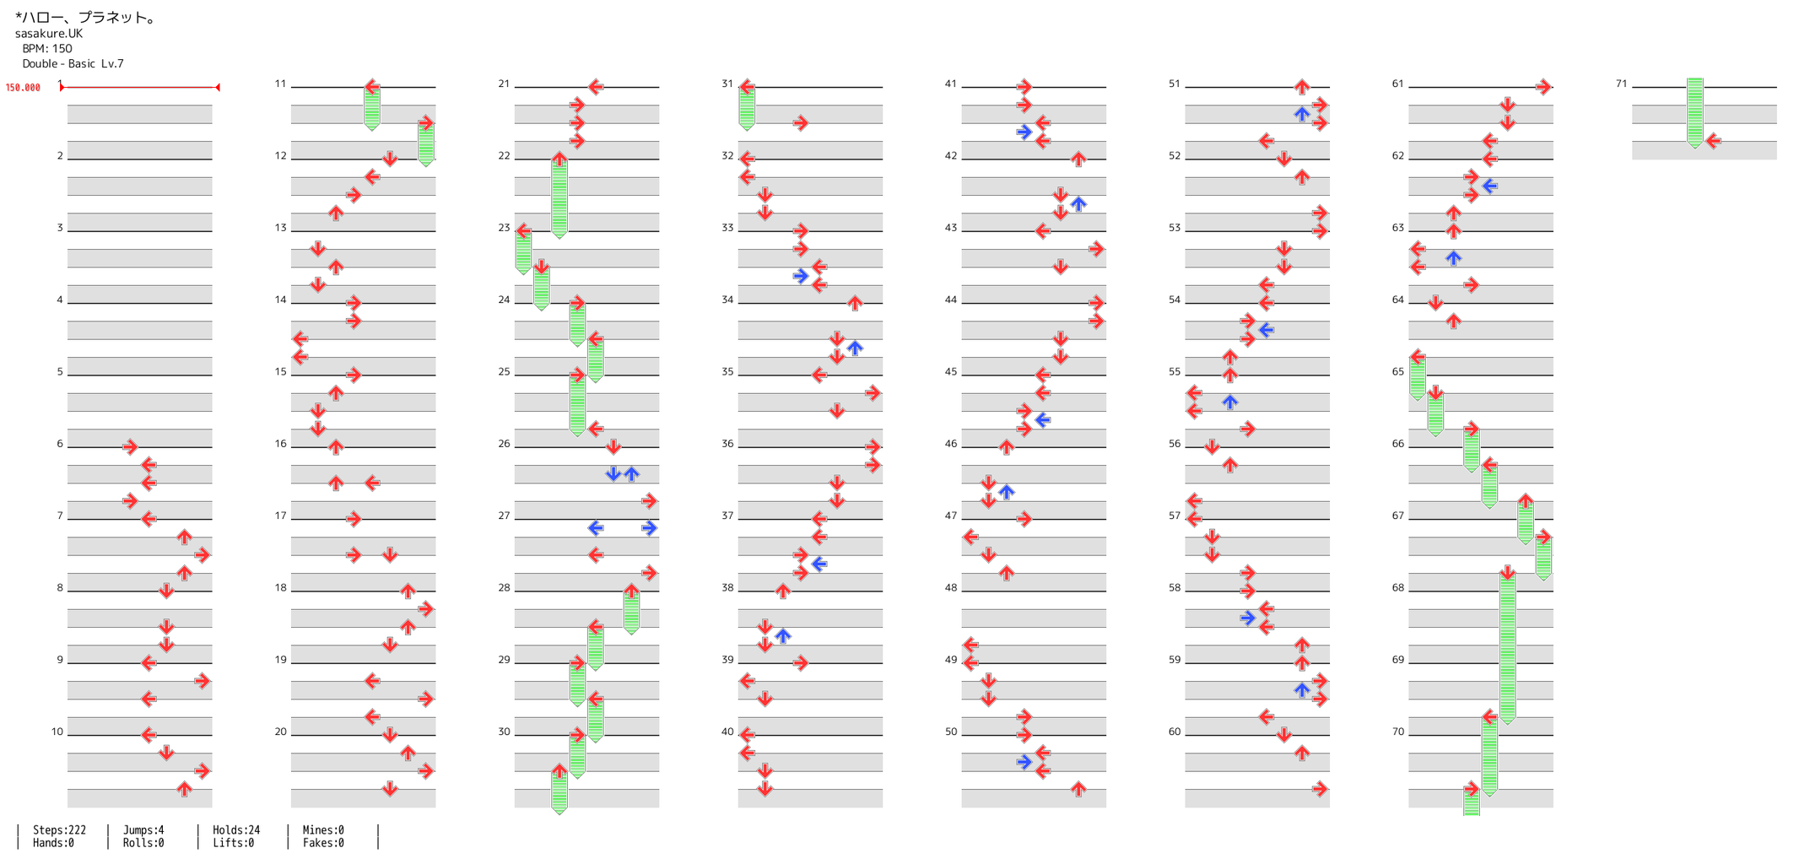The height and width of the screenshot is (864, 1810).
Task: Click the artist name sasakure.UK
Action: click(x=49, y=34)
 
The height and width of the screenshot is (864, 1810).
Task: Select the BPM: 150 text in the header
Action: click(x=47, y=49)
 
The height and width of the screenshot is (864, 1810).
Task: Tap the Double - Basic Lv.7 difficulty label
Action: click(x=73, y=64)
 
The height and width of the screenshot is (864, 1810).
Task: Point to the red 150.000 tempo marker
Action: click(x=23, y=88)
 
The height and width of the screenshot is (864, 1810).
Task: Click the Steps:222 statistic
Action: click(x=59, y=830)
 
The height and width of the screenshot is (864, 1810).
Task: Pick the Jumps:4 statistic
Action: click(x=143, y=830)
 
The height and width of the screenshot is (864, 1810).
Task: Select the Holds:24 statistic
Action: click(x=236, y=830)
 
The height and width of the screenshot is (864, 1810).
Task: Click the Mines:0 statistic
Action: click(x=323, y=830)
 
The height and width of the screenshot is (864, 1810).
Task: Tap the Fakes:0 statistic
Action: click(x=323, y=843)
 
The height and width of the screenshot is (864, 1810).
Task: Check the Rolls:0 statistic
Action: click(x=143, y=843)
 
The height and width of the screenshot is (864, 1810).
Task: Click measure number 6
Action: click(x=60, y=444)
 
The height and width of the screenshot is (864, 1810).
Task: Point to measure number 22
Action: click(x=504, y=156)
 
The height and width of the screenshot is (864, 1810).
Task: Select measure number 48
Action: click(x=951, y=588)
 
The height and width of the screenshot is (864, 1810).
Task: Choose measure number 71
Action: click(x=1621, y=84)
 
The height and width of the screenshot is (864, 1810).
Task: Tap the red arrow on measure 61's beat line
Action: click(x=1543, y=87)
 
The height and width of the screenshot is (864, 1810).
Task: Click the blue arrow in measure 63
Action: click(x=1453, y=257)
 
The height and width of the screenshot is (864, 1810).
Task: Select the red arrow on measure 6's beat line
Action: click(x=130, y=446)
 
